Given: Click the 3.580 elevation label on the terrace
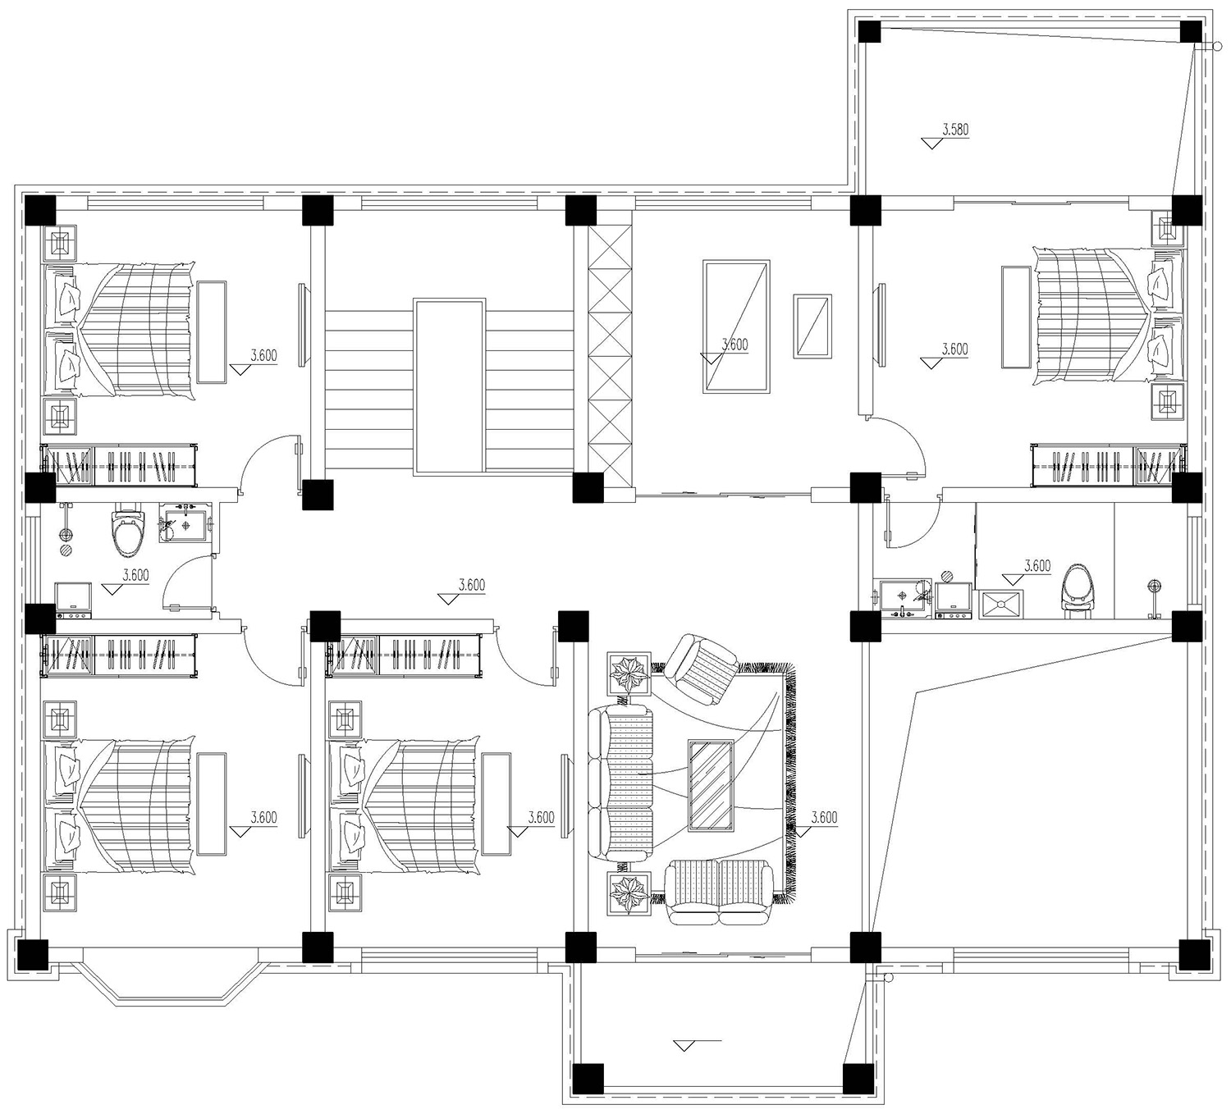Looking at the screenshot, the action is click(955, 130).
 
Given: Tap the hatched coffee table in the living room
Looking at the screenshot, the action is click(712, 786).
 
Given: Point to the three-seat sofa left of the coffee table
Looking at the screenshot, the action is click(620, 782).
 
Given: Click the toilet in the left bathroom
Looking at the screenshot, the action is click(127, 530).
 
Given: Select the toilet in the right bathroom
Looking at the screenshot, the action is click(1079, 591).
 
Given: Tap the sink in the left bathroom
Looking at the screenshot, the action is click(185, 523).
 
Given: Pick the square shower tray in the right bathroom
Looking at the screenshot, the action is click(1001, 604).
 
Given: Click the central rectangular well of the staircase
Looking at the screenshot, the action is click(450, 386).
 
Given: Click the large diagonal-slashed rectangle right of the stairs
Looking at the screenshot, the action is click(736, 326).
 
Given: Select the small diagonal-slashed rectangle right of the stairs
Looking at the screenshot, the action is click(812, 326).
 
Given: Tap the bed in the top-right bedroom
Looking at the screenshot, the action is click(1108, 317).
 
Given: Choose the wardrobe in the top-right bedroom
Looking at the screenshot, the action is click(1108, 464).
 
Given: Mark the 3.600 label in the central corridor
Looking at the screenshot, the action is click(471, 585).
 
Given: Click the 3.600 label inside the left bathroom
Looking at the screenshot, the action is click(135, 575).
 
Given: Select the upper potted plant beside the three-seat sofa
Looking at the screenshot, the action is click(629, 673).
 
